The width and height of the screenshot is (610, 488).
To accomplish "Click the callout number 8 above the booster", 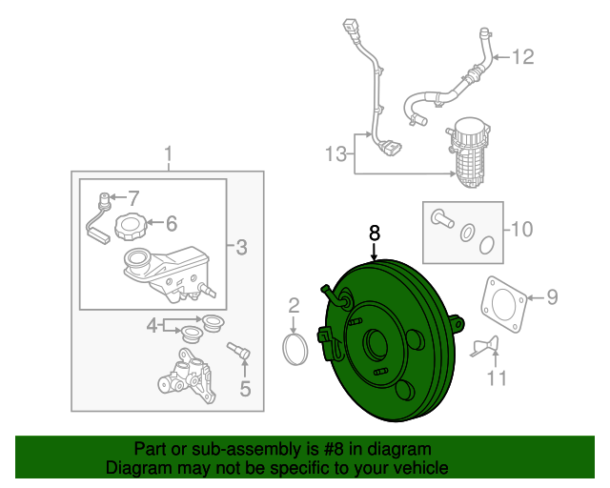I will click(x=375, y=232).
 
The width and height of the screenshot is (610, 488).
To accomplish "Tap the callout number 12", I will click(x=523, y=57).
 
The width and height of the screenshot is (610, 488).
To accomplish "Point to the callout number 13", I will click(x=336, y=152).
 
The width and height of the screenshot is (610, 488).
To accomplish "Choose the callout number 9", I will click(x=551, y=297).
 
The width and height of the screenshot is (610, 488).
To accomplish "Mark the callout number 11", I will click(x=495, y=379).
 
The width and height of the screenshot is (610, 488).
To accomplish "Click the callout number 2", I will click(x=295, y=306).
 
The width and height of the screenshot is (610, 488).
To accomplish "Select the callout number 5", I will click(x=244, y=388).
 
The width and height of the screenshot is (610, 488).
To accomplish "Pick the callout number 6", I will click(x=171, y=224).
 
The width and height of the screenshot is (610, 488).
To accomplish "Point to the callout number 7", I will click(x=132, y=198).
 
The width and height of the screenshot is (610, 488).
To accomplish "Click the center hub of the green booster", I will click(x=376, y=344).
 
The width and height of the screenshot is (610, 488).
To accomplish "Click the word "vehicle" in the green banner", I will click(x=417, y=468).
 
